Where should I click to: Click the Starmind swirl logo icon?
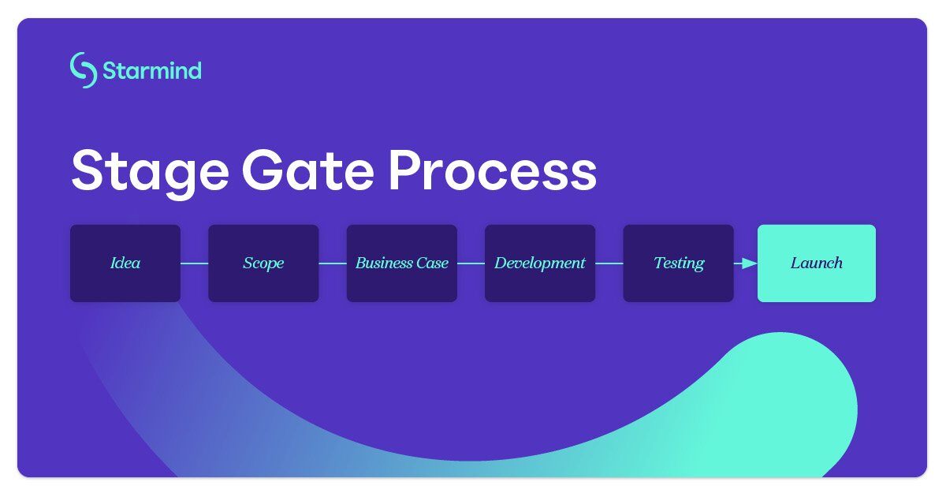coord(83,70)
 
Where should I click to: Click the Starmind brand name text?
coord(151,71)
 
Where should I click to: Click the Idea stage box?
coord(125,263)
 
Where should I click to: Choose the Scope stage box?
coord(263,263)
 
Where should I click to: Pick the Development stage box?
coord(540,263)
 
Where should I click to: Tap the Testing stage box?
coord(678,263)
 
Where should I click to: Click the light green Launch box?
coord(816,263)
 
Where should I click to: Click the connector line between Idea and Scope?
coord(194,263)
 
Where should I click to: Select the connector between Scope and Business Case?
coord(333,263)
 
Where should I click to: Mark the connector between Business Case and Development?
coord(471,263)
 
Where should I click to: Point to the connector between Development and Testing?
coord(609,263)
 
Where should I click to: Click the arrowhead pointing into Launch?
coord(750,263)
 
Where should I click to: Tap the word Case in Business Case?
coord(432,263)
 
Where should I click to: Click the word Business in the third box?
coord(384,263)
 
